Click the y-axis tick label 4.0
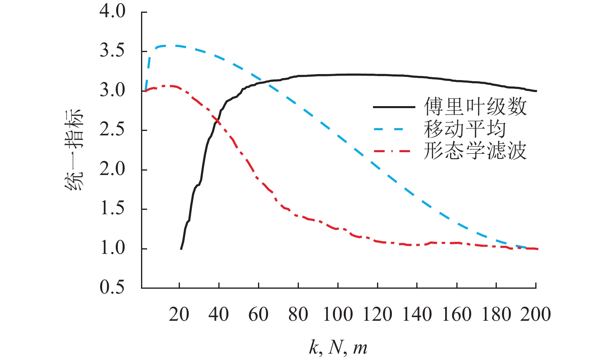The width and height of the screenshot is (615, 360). pos(113,12)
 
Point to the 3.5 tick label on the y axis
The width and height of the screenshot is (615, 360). pos(113,51)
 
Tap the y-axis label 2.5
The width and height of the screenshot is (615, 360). pos(113,130)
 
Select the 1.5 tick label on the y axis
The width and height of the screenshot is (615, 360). pos(113,209)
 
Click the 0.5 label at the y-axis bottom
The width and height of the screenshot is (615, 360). pos(113,288)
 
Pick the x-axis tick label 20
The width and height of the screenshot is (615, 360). pos(179,315)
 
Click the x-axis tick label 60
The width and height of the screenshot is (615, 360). pos(258,315)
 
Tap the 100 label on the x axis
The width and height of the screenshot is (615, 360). pos(338,315)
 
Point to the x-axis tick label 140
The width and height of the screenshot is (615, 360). pos(417,315)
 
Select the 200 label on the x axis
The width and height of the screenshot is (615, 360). pos(536,315)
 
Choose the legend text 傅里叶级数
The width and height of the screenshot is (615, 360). pos(475,107)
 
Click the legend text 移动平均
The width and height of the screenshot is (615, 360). pos(465,129)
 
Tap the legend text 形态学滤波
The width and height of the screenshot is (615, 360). pos(475,151)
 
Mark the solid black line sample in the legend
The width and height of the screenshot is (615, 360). pos(394,107)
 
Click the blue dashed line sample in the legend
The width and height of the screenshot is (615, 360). pos(394,129)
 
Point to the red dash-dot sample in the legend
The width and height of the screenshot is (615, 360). pos(394,151)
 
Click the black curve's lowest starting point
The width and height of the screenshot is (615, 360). pos(181,249)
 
